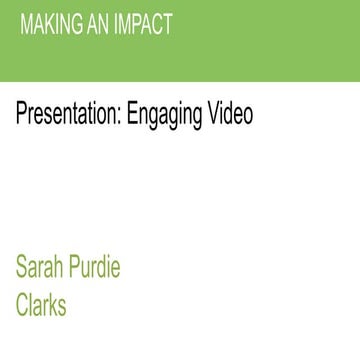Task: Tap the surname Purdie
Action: (96, 268)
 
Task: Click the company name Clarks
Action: (41, 304)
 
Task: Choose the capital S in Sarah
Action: (21, 268)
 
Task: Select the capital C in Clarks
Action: (22, 304)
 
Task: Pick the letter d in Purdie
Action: (103, 268)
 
